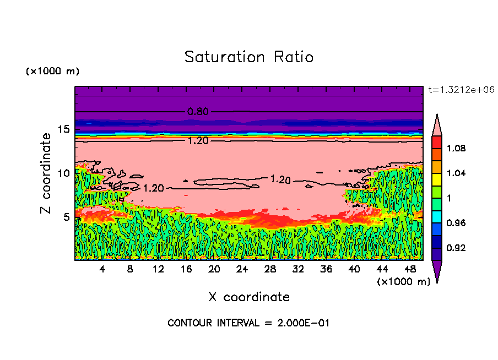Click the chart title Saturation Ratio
click(x=249, y=57)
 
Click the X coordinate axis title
click(x=249, y=297)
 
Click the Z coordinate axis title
click(x=46, y=173)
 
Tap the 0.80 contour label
click(x=198, y=112)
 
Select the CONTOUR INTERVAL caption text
click(x=248, y=323)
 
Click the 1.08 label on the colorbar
click(x=457, y=148)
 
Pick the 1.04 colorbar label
click(x=457, y=173)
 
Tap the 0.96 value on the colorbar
click(x=457, y=223)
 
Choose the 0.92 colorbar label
click(x=457, y=248)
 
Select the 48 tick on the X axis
click(x=410, y=269)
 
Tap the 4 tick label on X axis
click(x=102, y=269)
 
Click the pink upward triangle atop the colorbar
click(x=437, y=124)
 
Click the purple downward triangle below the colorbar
click(x=437, y=271)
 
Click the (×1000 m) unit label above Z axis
click(x=53, y=72)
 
